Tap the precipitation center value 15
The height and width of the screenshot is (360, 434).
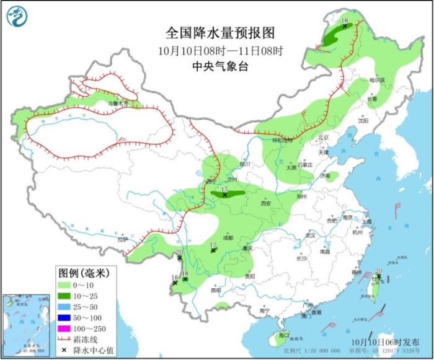tap(225, 189)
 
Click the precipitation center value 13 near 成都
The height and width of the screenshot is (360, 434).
tap(213, 246)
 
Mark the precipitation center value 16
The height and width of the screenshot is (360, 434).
tap(175, 278)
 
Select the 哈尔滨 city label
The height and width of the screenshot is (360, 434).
tap(377, 81)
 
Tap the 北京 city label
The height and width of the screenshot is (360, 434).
tap(322, 138)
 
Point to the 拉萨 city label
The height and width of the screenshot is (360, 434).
tap(122, 238)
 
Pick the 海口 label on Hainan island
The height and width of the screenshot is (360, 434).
tap(284, 335)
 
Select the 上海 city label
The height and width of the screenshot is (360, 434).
tap(367, 221)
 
